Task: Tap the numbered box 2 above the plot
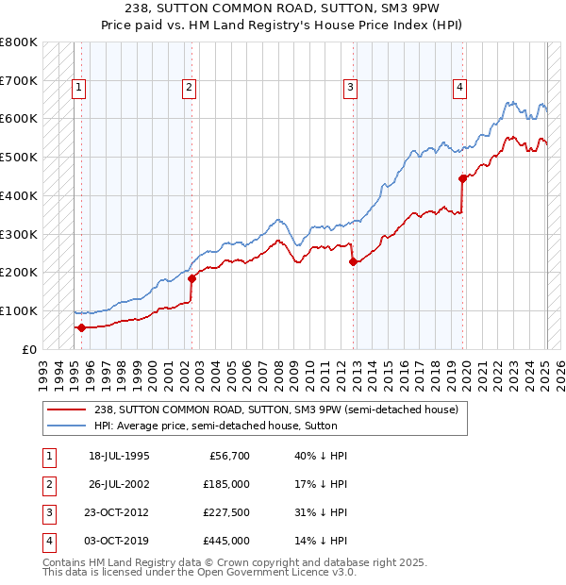click(189, 88)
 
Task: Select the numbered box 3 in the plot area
click(350, 88)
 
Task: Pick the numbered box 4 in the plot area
click(460, 88)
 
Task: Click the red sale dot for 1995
click(81, 327)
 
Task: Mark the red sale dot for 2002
click(191, 278)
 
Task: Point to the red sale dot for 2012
click(353, 262)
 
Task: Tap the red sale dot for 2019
click(462, 178)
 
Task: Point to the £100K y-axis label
click(19, 310)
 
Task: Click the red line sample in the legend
click(66, 409)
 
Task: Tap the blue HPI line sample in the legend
click(66, 426)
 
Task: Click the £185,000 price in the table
click(227, 484)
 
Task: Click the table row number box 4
click(48, 541)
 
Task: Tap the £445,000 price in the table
click(227, 541)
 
